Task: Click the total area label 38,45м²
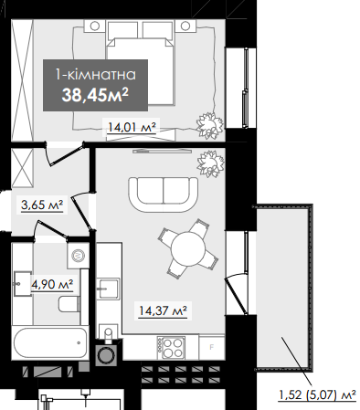[95, 95]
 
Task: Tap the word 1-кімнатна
[95, 75]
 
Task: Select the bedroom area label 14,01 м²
[132, 127]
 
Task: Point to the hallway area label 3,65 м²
[42, 205]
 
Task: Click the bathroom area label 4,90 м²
[52, 285]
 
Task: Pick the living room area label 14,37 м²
[163, 310]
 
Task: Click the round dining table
[188, 249]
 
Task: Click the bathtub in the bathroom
[50, 343]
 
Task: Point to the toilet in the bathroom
[69, 304]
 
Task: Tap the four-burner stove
[171, 348]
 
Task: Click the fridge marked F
[212, 347]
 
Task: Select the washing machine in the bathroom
[79, 256]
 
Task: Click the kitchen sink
[108, 289]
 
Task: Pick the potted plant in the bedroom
[209, 124]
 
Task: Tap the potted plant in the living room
[210, 163]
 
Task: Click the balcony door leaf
[237, 295]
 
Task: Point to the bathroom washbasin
[22, 283]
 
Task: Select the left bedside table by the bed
[94, 26]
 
